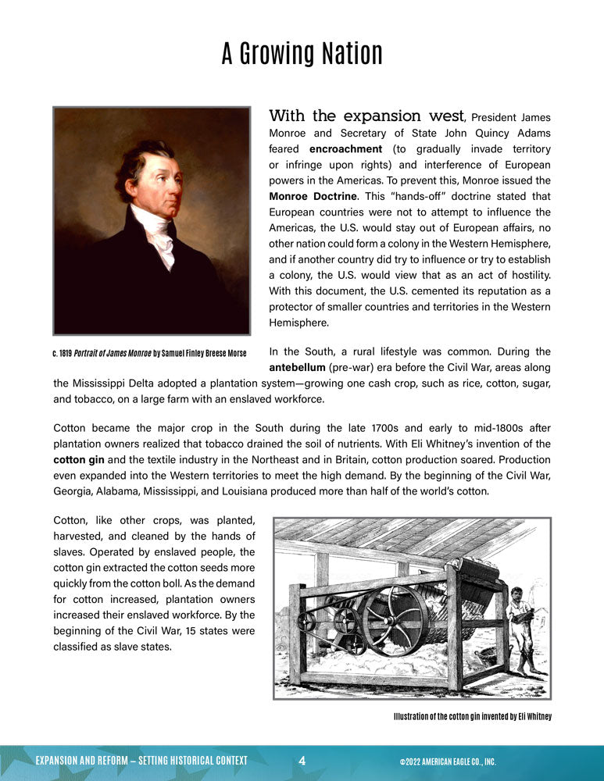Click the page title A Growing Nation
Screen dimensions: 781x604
[x=302, y=55]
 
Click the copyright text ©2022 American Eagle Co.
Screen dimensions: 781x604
[x=442, y=761]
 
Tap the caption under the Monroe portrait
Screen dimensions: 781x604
[x=149, y=354]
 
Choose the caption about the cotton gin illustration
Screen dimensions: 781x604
[x=473, y=717]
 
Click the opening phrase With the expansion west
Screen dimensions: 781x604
[x=366, y=116]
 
